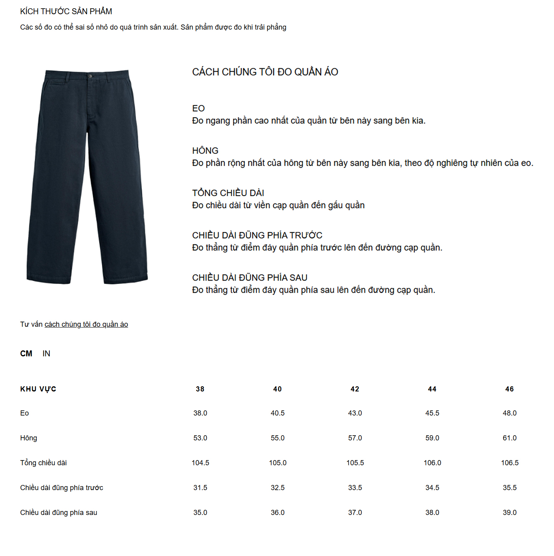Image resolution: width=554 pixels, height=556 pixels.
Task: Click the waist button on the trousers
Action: [90, 76]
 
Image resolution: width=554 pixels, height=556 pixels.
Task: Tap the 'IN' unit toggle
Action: [46, 354]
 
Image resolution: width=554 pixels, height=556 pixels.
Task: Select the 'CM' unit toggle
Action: [26, 354]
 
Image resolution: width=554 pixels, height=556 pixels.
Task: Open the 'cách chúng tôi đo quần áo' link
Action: [86, 324]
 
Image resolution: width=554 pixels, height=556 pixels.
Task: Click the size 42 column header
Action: [355, 389]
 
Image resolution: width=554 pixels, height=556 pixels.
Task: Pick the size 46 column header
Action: [509, 389]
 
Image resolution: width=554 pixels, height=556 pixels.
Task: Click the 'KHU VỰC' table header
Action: [38, 389]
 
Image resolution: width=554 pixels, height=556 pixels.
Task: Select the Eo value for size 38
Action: [200, 413]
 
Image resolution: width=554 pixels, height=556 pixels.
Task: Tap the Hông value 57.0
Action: [355, 438]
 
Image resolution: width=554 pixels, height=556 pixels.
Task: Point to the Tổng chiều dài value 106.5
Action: [510, 463]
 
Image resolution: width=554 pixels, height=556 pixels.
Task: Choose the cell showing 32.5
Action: [278, 488]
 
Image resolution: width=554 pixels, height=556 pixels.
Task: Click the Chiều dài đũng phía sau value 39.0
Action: [509, 513]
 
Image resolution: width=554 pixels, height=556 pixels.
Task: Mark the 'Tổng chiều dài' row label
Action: [43, 463]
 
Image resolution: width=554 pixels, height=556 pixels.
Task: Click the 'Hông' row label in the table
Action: [28, 438]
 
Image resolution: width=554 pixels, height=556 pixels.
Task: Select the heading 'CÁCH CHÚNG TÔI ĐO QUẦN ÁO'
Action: [265, 72]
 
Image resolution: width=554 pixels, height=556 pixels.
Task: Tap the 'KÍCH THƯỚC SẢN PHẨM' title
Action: [66, 11]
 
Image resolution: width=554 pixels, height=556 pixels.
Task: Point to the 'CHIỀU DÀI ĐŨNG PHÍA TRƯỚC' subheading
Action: [257, 236]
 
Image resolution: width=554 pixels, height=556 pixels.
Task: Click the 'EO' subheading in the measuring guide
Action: [198, 109]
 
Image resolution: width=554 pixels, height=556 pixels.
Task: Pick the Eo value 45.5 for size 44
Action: [432, 413]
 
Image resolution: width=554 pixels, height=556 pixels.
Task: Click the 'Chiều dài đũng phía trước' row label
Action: [62, 488]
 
